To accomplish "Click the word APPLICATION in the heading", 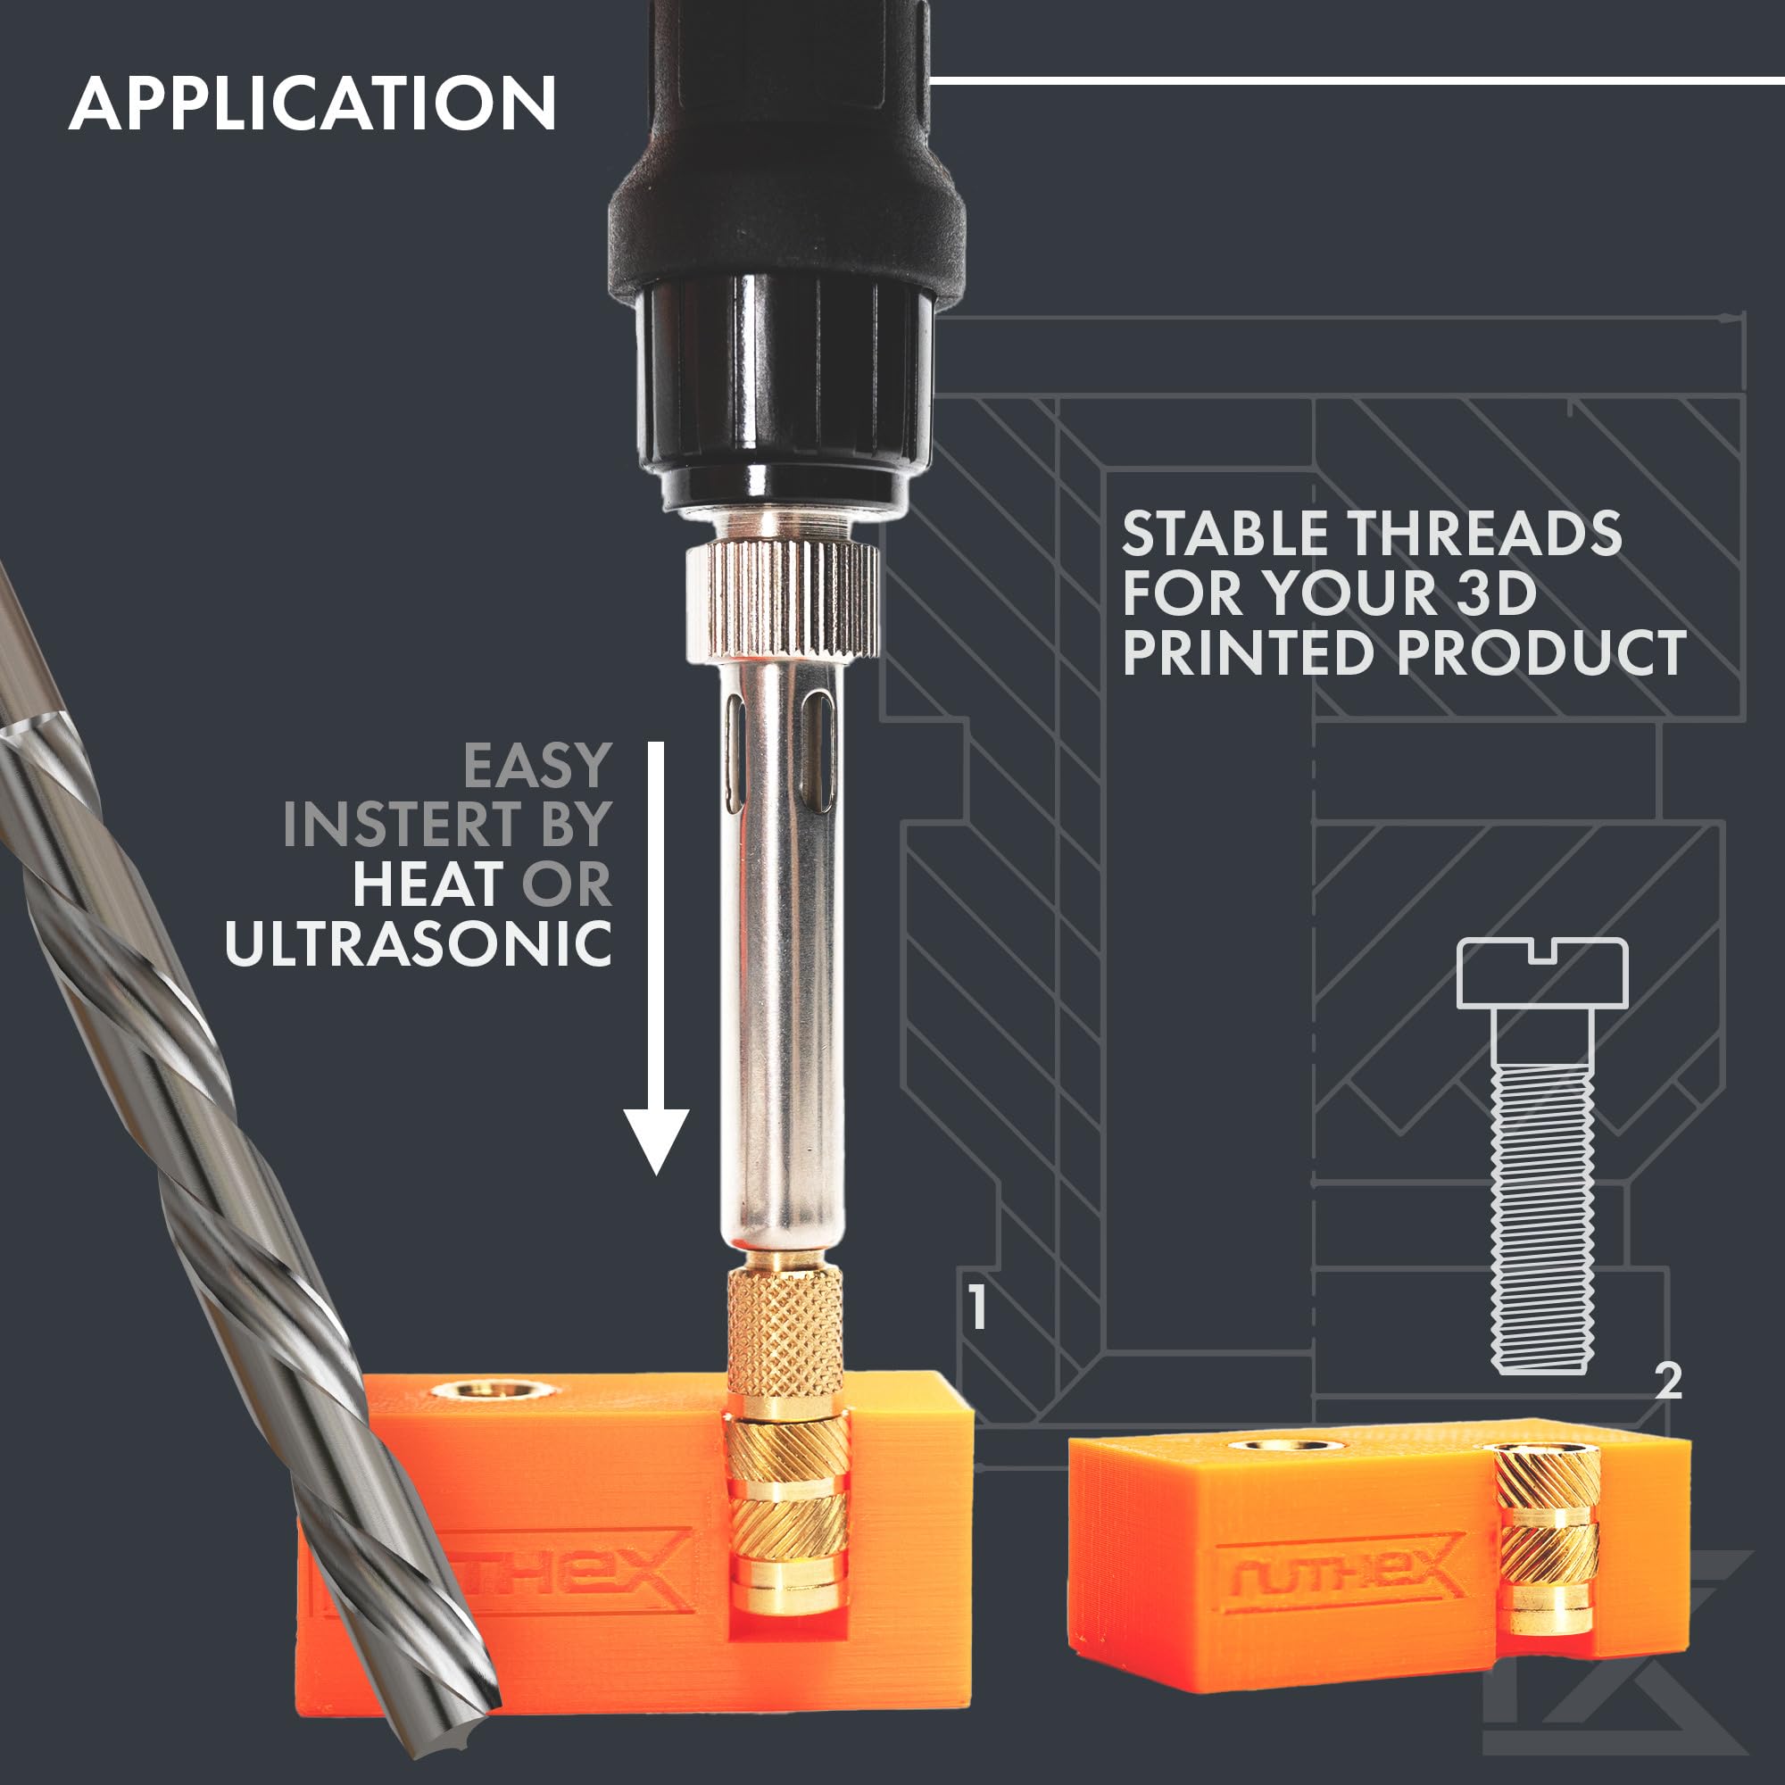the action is tap(312, 104).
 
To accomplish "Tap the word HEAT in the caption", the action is tap(428, 884).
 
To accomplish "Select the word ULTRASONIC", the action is tap(418, 943).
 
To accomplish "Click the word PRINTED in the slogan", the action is tap(1249, 653).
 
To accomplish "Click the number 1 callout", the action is tap(977, 1308).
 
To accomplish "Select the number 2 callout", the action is tap(1669, 1382).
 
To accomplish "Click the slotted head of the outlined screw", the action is tap(1542, 973).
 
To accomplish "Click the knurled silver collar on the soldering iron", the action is tap(782, 602).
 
